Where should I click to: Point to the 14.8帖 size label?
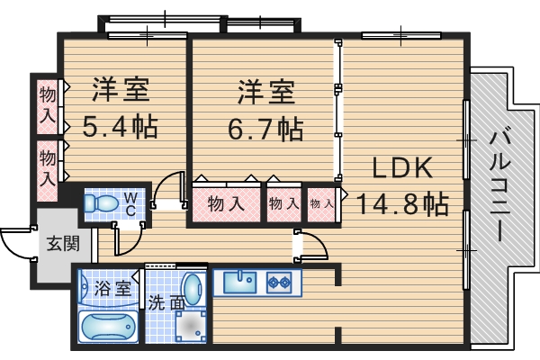(402, 203)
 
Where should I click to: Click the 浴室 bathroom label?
(112, 290)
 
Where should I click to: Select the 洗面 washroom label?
(166, 303)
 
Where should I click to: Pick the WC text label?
(131, 203)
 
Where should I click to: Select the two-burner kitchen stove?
(278, 283)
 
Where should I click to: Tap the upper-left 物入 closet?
(48, 105)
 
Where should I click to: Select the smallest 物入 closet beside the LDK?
(320, 204)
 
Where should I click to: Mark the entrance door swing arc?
(12, 241)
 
